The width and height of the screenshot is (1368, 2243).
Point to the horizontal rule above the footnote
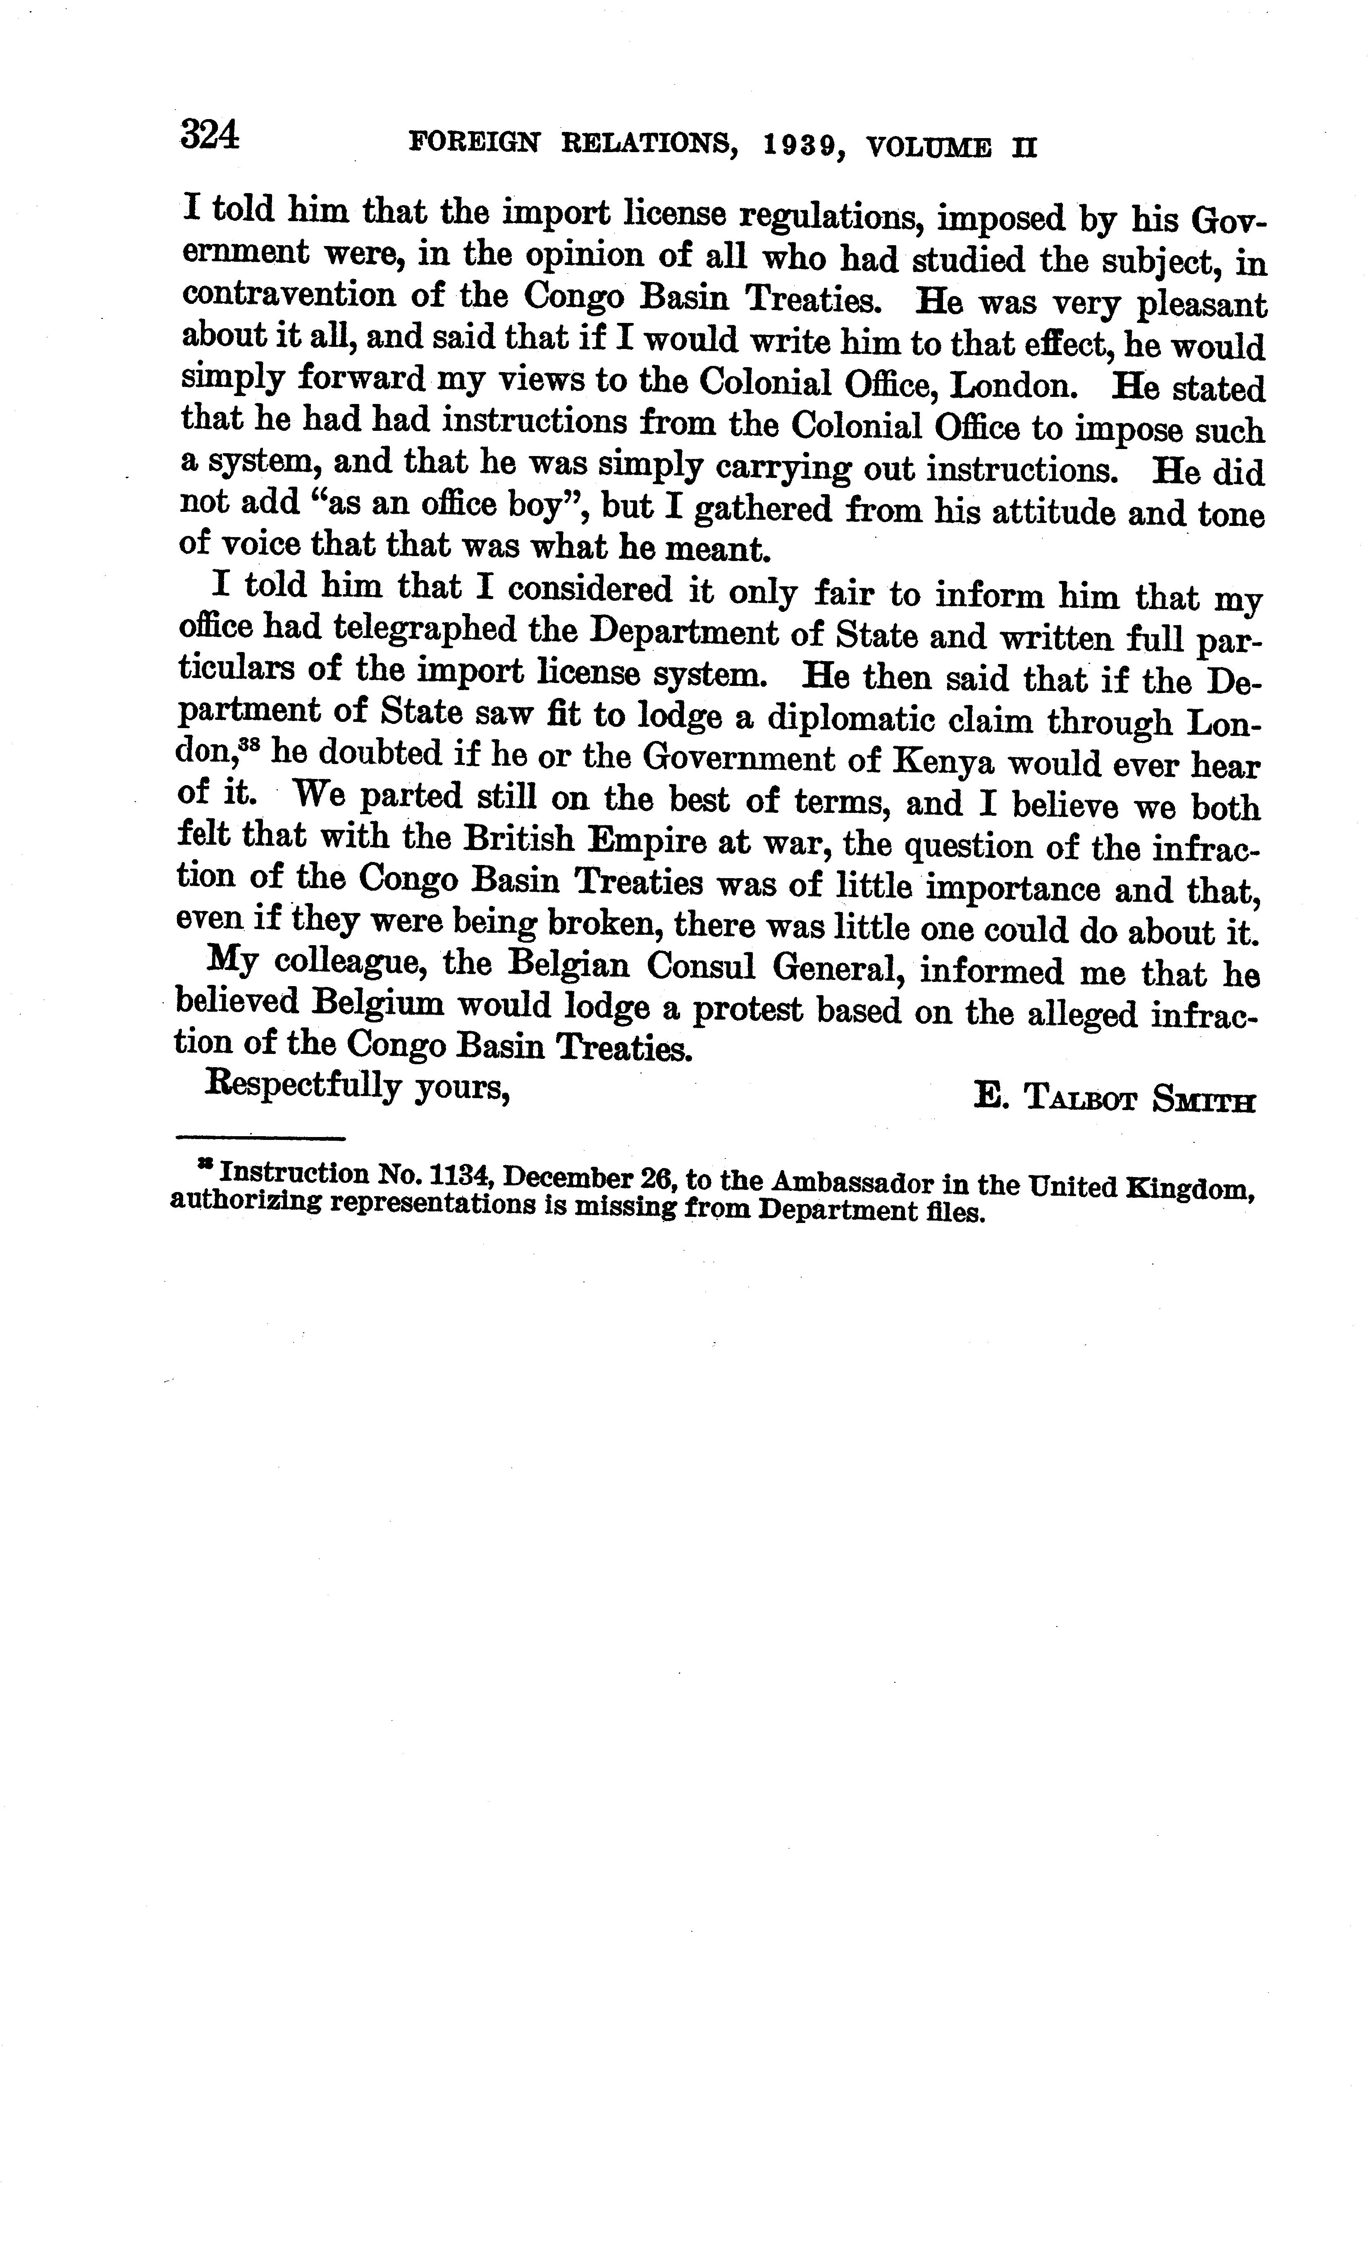pos(259,1138)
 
